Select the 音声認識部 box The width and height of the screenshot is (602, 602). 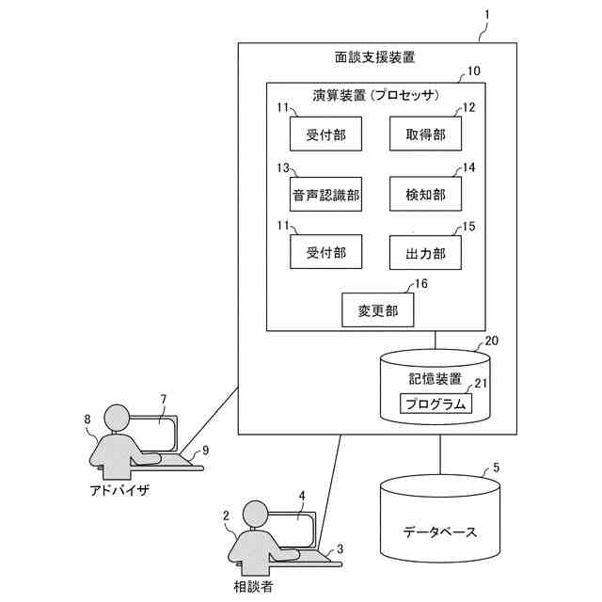[325, 195]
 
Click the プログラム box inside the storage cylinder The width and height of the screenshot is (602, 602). [434, 404]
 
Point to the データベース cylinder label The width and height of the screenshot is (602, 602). [439, 531]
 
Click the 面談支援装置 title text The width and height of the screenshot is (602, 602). [375, 58]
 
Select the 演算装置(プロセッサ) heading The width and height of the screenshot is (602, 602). [375, 95]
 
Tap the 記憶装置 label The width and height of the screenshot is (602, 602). [435, 378]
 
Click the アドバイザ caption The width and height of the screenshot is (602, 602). [119, 491]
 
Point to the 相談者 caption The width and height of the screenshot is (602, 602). [253, 586]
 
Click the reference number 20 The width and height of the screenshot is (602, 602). [491, 341]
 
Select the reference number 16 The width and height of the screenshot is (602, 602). [421, 282]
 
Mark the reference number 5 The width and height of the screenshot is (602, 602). [497, 467]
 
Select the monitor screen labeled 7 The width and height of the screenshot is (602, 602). [154, 434]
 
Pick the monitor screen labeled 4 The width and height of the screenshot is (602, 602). [293, 531]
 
